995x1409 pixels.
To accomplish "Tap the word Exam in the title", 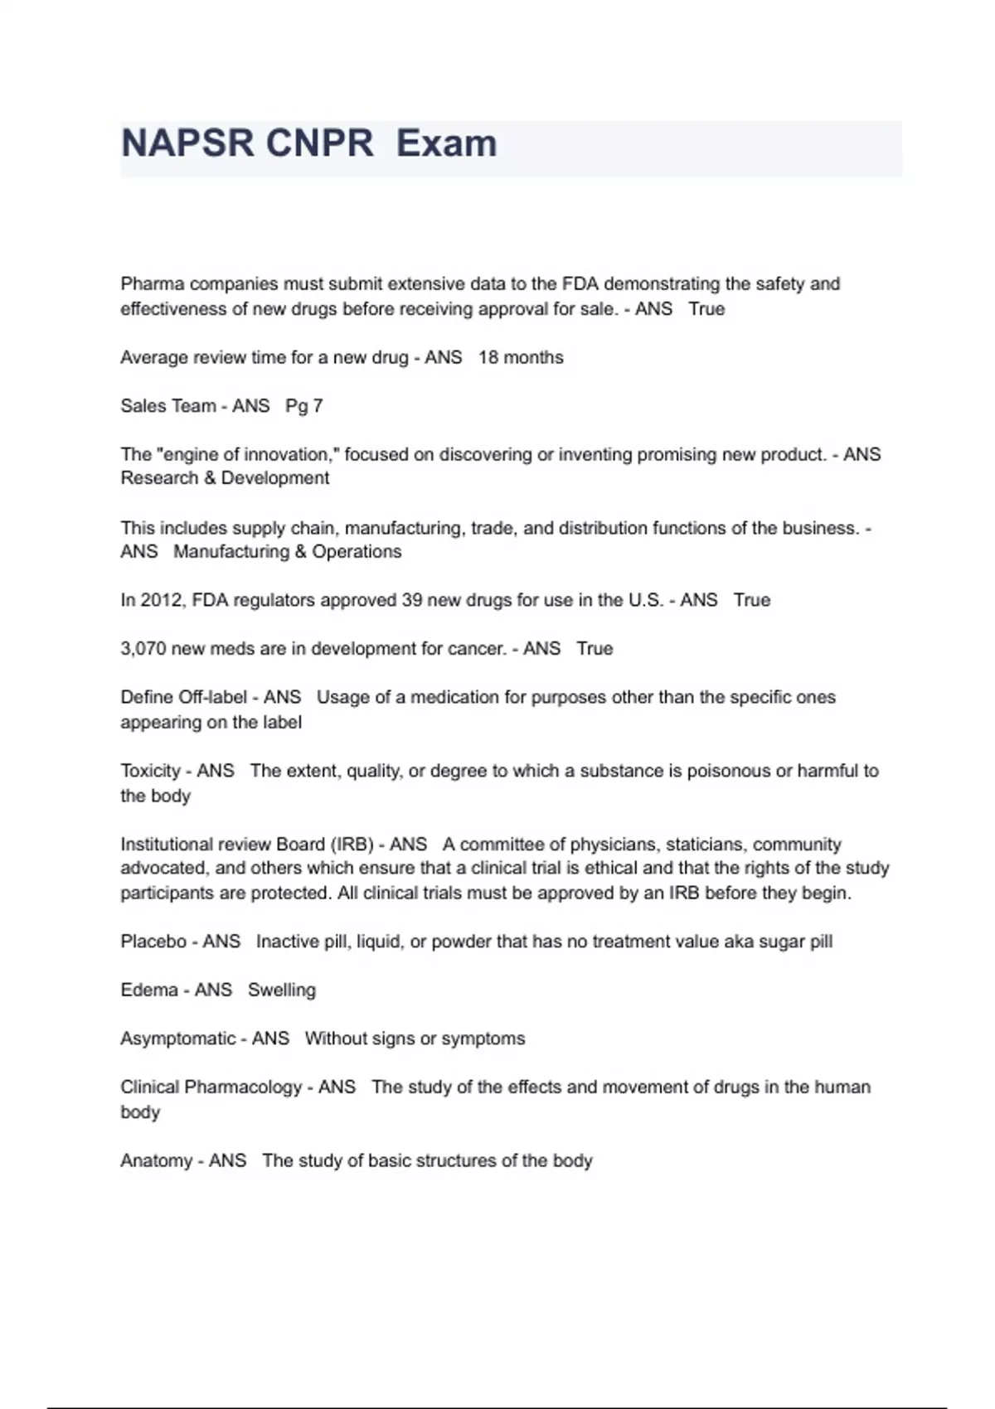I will pos(446,143).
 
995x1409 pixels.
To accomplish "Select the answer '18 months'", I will pos(521,357).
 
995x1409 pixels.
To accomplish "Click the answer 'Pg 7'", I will pos(303,406).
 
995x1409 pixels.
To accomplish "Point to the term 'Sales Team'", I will pos(167,406).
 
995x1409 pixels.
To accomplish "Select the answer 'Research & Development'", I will pos(225,478).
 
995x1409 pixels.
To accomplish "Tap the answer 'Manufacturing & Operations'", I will pos(287,552).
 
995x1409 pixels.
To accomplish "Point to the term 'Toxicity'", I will pos(150,771).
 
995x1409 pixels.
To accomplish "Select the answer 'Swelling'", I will pos(282,990).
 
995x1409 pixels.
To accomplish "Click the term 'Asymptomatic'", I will pos(177,1039).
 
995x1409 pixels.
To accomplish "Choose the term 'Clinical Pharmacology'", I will pos(211,1087).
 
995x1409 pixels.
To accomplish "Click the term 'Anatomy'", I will pos(156,1160).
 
